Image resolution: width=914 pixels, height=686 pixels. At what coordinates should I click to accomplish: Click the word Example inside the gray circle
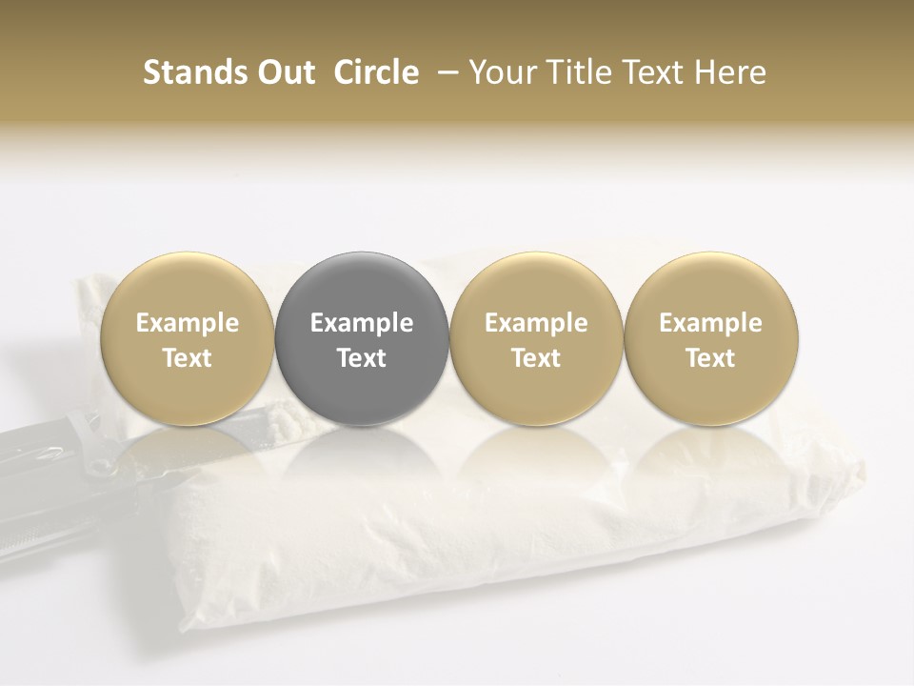362,323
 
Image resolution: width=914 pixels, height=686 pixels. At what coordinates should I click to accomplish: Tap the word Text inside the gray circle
362,358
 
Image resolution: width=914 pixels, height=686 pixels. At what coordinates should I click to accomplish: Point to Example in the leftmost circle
188,323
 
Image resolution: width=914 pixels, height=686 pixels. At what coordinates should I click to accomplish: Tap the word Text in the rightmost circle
711,358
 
